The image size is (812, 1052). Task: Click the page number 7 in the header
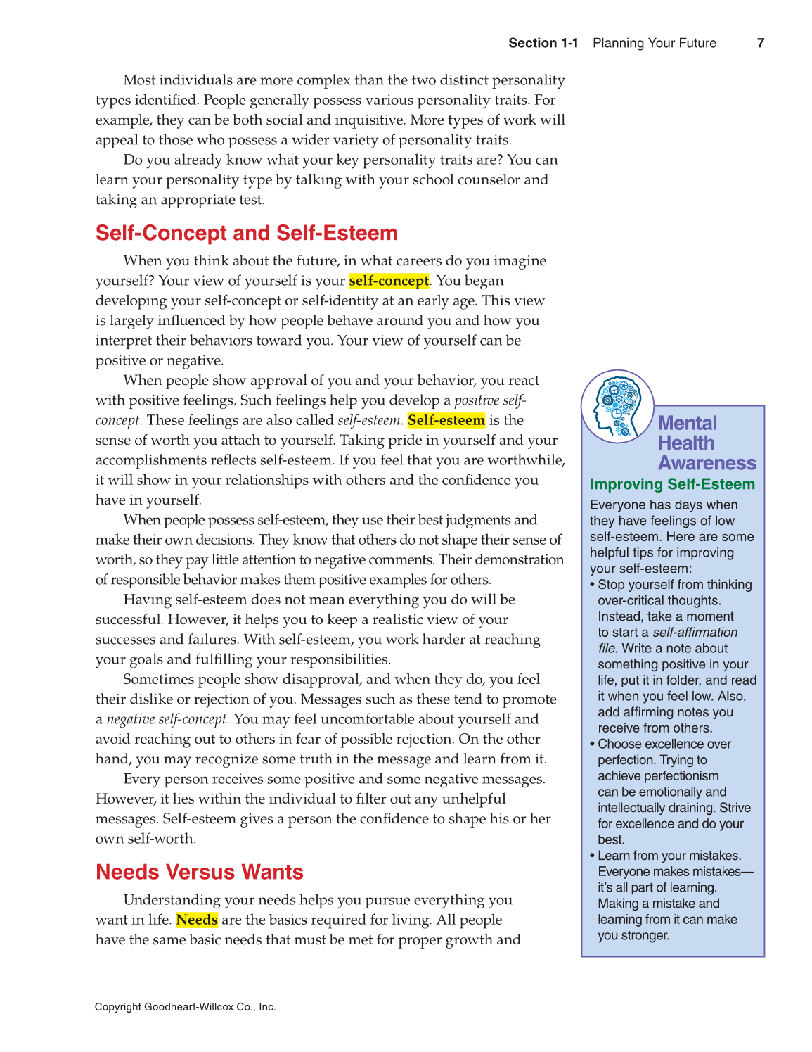point(760,43)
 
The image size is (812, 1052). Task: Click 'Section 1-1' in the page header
point(543,43)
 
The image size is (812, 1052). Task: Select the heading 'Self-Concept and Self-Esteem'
point(246,233)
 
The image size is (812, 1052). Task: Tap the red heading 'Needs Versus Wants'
point(199,872)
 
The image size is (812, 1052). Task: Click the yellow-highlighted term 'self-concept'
point(389,281)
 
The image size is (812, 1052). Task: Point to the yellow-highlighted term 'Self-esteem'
point(446,420)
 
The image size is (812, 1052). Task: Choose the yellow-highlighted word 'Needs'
point(197,920)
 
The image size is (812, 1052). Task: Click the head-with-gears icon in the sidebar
point(617,407)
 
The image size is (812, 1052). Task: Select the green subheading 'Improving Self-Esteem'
point(671,484)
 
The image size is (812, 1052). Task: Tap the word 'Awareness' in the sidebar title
point(707,463)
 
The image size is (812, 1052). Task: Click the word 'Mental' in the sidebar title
point(687,423)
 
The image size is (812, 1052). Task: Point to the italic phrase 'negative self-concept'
point(167,719)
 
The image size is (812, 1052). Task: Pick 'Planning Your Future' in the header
point(654,43)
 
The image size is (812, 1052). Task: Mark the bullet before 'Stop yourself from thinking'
point(593,585)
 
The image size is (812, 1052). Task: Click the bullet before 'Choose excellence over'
point(593,744)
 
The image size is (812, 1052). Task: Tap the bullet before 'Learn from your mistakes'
point(593,856)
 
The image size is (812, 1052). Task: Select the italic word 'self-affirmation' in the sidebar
point(695,633)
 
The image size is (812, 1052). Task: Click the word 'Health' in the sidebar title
point(685,443)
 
